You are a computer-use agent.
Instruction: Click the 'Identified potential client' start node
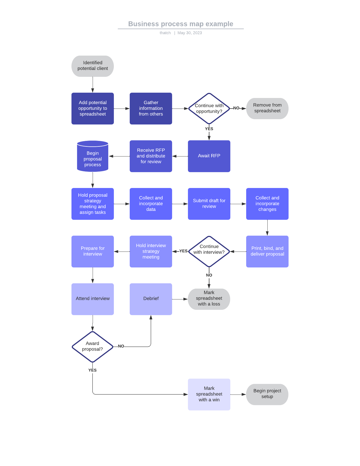click(93, 66)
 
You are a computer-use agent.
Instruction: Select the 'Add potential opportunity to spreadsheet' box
click(93, 109)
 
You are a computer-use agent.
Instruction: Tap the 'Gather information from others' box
click(151, 109)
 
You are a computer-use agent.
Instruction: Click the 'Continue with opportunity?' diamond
click(209, 109)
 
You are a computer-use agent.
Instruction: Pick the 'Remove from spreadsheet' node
click(267, 109)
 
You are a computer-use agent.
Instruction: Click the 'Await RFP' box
click(209, 156)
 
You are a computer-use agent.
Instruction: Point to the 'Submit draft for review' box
click(209, 204)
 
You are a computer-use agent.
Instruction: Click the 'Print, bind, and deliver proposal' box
click(267, 252)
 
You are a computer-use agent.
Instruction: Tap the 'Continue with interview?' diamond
click(209, 252)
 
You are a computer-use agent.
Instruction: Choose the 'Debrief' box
click(151, 299)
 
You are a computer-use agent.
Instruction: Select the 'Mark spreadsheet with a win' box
click(209, 395)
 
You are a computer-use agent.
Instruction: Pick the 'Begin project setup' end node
click(267, 395)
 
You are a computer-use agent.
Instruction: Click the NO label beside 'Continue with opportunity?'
click(236, 108)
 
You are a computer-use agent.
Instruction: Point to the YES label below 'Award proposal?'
click(92, 370)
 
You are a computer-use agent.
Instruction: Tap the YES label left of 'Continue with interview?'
click(183, 251)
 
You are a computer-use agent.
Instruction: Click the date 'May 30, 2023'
click(190, 33)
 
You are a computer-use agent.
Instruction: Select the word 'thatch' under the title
click(165, 33)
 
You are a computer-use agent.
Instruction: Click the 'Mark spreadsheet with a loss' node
click(209, 299)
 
